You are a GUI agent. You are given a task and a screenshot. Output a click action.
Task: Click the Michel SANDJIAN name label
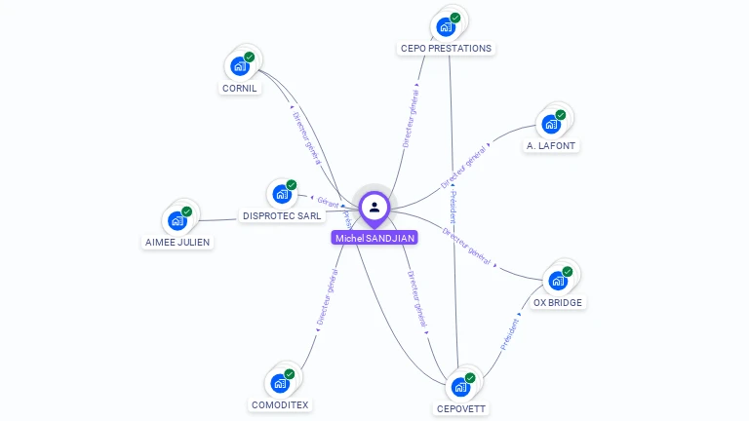tap(374, 238)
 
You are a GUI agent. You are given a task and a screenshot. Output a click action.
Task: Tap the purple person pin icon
tap(374, 208)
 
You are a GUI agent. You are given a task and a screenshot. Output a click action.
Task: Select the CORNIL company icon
tap(239, 66)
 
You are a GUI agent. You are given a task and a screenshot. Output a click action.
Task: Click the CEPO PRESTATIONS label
tap(446, 48)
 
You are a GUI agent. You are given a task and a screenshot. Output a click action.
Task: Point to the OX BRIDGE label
tap(558, 302)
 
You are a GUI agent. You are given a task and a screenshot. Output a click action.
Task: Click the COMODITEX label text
tap(279, 404)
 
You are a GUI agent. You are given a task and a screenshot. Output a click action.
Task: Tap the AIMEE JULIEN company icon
tap(177, 221)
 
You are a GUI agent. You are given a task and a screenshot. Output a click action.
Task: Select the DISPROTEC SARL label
tap(282, 215)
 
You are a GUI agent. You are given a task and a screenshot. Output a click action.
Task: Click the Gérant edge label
tap(328, 203)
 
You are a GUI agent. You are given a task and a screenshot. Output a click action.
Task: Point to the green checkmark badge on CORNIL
tap(250, 57)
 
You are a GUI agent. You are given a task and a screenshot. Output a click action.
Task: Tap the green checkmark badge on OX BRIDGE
tap(568, 272)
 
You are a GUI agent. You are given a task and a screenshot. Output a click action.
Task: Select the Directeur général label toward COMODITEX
tap(327, 298)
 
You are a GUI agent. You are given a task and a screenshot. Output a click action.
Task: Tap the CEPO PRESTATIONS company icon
tap(445, 26)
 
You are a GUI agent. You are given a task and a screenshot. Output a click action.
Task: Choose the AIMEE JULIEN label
tap(177, 242)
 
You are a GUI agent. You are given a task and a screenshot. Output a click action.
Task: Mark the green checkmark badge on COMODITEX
tap(290, 374)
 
